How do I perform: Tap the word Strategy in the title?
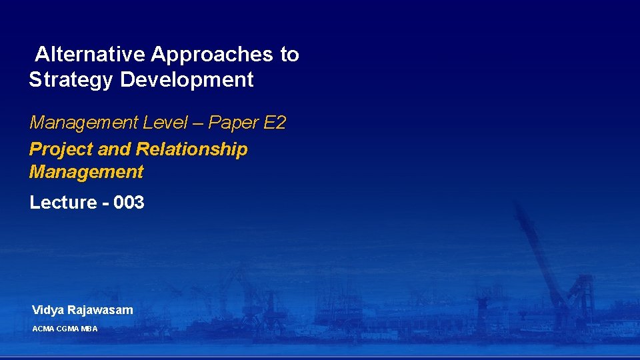coord(71,80)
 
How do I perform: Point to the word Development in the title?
coord(187,80)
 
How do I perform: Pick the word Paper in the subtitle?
coord(233,123)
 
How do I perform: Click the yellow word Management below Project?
coord(86,172)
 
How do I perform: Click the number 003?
coord(129,203)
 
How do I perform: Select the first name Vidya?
coord(47,310)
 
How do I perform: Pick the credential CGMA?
coord(67,329)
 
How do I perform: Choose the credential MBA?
coord(89,329)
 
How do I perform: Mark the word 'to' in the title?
coord(289,55)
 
